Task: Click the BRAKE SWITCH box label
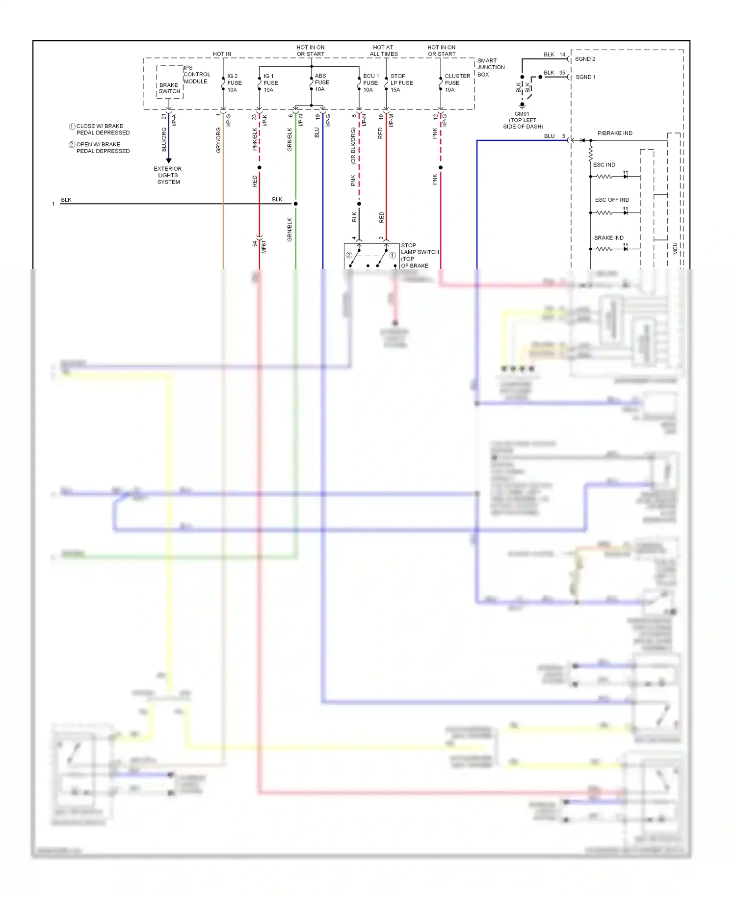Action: pyautogui.click(x=169, y=88)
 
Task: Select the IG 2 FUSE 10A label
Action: pyautogui.click(x=234, y=83)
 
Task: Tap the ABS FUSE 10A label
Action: pyautogui.click(x=321, y=82)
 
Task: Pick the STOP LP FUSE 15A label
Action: pyautogui.click(x=401, y=83)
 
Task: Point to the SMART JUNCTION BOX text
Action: pyautogui.click(x=490, y=68)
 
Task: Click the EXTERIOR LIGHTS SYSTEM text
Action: pyautogui.click(x=168, y=175)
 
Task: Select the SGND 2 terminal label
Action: pyautogui.click(x=585, y=59)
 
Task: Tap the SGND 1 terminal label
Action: pyautogui.click(x=585, y=77)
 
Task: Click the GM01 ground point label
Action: pyautogui.click(x=523, y=120)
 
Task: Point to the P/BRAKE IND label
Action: pyautogui.click(x=614, y=133)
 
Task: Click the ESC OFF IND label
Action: pyautogui.click(x=611, y=200)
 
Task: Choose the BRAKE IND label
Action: pyautogui.click(x=608, y=237)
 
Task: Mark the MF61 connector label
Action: pyautogui.click(x=263, y=247)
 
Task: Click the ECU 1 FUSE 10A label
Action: pyautogui.click(x=370, y=83)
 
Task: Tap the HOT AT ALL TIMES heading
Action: pyautogui.click(x=383, y=51)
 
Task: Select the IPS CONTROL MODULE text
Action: pyautogui.click(x=196, y=75)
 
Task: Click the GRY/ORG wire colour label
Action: pyautogui.click(x=218, y=140)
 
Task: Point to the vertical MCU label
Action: pyautogui.click(x=675, y=248)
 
